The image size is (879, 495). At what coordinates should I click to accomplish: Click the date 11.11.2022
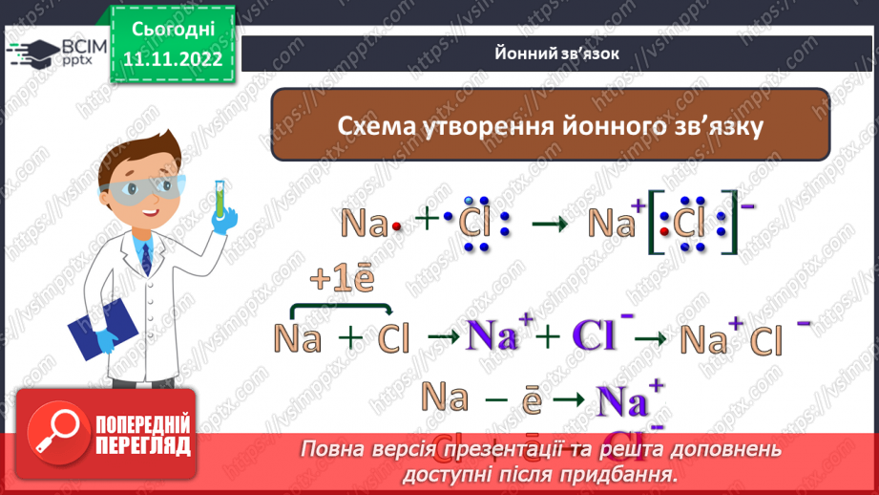click(x=172, y=58)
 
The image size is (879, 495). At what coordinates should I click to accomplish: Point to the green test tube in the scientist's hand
click(x=219, y=196)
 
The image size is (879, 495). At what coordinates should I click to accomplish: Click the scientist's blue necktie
click(x=144, y=259)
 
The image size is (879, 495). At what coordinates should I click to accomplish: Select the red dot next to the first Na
click(x=394, y=228)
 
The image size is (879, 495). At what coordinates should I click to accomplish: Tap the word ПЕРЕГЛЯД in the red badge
click(x=143, y=445)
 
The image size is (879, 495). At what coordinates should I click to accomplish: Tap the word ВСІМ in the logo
click(x=82, y=45)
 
